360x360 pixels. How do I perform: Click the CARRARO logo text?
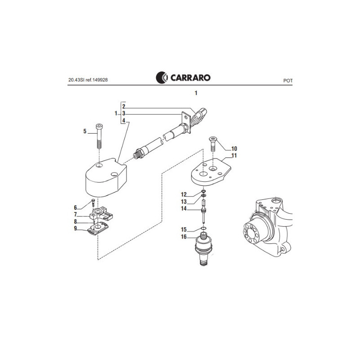pos(190,77)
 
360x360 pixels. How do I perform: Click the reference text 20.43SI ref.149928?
pos(88,80)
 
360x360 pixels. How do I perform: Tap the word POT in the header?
pos(288,81)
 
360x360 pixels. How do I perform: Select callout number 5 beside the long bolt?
pos(85,131)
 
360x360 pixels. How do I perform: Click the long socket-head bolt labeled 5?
pos(99,136)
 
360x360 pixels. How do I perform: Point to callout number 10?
pos(234,148)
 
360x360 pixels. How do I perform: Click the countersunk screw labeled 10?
pos(213,144)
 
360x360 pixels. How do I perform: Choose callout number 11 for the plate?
pos(234,155)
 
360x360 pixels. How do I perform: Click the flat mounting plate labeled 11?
pos(211,172)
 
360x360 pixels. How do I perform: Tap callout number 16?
pos(184,237)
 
